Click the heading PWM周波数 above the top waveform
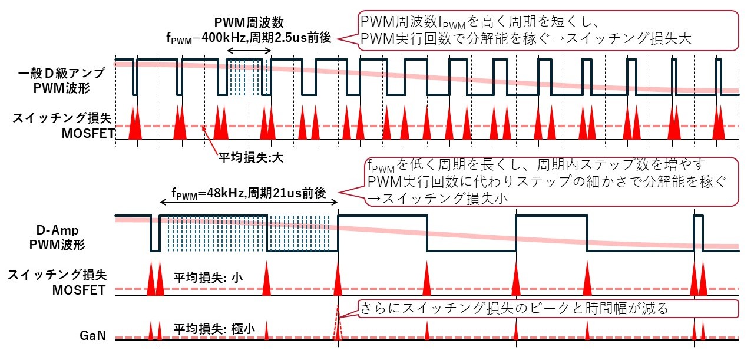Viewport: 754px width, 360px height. click(249, 23)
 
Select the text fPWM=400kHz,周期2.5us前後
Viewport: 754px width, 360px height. click(249, 37)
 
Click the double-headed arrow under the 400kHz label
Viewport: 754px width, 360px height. click(249, 52)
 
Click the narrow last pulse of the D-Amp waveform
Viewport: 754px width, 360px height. click(699, 233)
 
